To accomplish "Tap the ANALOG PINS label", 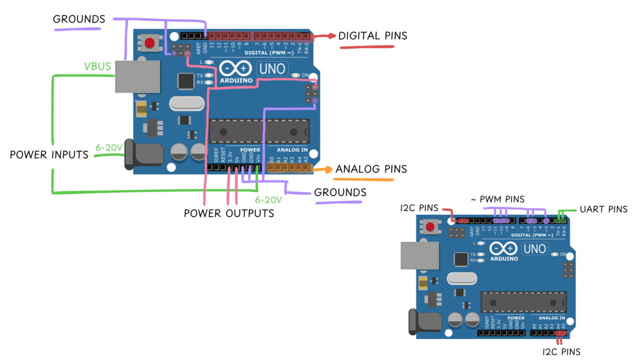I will [371, 169].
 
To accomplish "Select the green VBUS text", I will [98, 66].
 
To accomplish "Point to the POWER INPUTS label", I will [49, 155].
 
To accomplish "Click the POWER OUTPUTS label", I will [229, 213].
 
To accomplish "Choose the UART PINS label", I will [603, 209].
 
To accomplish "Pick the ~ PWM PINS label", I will [497, 199].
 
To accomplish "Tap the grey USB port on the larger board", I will [137, 76].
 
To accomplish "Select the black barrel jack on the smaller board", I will [417, 321].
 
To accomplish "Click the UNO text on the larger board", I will [272, 68].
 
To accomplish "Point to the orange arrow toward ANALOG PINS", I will [322, 170].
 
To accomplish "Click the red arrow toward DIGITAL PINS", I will [325, 36].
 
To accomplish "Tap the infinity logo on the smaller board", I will [504, 249].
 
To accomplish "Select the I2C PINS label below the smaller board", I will [562, 352].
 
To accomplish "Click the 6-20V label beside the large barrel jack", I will [109, 148].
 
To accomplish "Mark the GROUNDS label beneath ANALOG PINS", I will [340, 192].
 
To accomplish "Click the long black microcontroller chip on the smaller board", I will [523, 302].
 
